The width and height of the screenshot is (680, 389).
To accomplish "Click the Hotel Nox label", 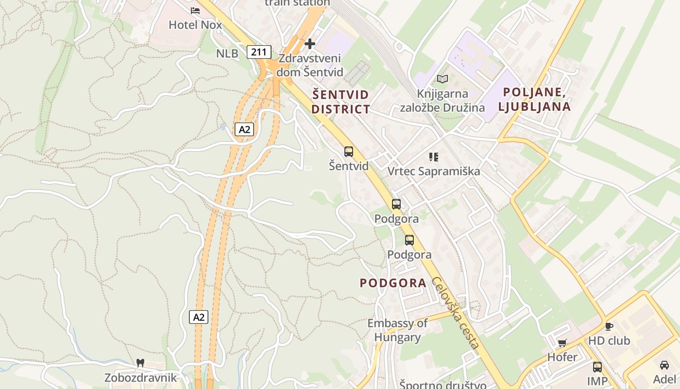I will click(x=195, y=25).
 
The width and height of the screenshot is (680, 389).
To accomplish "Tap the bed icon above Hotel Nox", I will click(x=195, y=10).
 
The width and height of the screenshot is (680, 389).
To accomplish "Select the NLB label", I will click(x=227, y=53).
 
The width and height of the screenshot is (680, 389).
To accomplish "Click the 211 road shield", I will click(x=259, y=52).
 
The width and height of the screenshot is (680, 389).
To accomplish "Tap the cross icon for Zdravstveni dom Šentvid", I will click(x=309, y=44).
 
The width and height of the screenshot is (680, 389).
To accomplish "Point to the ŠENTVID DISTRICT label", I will click(x=340, y=102).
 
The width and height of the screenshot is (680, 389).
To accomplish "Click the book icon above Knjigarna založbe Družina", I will click(x=442, y=79).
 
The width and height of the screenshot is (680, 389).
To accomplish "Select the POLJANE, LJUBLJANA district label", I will click(x=536, y=99).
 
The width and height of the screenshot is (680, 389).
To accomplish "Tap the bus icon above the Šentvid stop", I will click(x=349, y=151).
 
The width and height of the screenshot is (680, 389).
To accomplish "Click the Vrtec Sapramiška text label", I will click(x=434, y=171).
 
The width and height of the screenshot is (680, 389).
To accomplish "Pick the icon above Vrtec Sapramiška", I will click(x=434, y=157).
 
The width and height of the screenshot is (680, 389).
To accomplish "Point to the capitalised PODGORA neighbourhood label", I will click(x=393, y=283).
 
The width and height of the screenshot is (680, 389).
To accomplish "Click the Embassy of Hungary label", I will click(x=397, y=330).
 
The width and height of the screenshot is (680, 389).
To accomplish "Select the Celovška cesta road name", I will click(x=456, y=312).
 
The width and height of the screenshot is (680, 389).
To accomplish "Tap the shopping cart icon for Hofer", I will click(x=562, y=343).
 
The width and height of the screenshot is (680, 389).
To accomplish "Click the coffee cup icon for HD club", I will click(x=609, y=326).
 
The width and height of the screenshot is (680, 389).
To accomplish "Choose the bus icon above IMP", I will click(x=597, y=367).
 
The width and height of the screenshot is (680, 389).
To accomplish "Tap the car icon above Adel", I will click(x=664, y=365).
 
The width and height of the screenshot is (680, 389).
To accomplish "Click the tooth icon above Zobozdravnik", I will click(x=140, y=363).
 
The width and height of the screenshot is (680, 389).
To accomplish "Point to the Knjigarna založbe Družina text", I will click(x=442, y=101).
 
